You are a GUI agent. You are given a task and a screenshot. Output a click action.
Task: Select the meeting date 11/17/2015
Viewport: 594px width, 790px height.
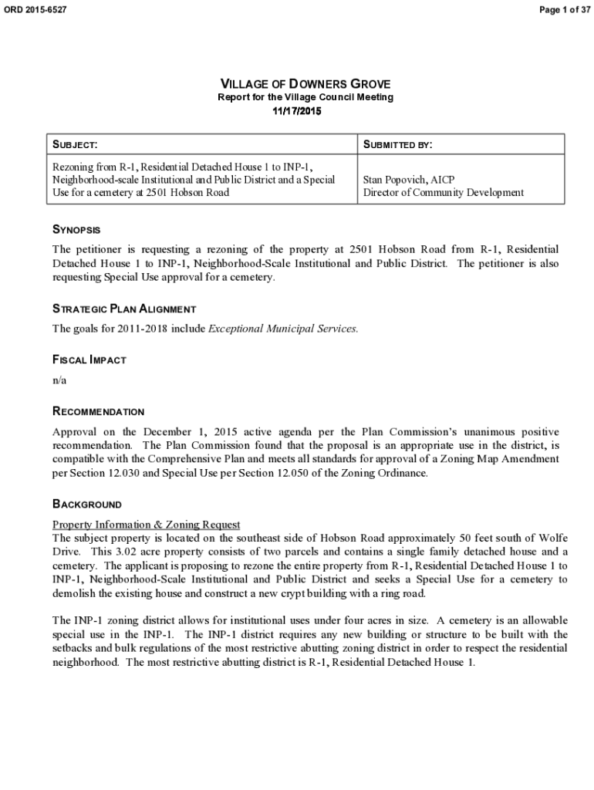[297, 111]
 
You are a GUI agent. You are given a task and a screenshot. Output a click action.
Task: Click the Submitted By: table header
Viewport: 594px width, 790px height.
[397, 145]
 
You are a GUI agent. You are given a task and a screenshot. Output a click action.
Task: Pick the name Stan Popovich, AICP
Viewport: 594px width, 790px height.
[409, 179]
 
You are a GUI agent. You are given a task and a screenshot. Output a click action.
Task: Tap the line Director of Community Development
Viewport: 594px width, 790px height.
[444, 192]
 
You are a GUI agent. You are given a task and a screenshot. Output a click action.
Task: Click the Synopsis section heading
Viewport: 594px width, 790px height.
[76, 230]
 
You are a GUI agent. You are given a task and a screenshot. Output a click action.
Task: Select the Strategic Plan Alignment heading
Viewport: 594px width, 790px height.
[123, 309]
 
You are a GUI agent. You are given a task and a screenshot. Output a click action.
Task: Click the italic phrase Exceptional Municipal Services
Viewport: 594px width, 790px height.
[284, 329]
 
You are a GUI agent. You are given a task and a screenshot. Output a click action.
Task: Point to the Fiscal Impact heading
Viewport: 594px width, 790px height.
[89, 360]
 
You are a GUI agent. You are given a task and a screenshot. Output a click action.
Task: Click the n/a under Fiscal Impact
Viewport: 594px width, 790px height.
[59, 380]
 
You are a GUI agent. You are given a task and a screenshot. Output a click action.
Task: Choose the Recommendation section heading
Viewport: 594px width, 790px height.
[98, 412]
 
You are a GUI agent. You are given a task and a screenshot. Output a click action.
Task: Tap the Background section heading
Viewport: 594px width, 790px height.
[86, 505]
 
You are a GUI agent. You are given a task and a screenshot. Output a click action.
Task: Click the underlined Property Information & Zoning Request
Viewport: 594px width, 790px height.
[146, 525]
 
